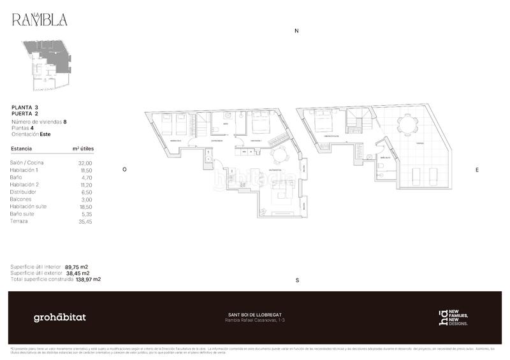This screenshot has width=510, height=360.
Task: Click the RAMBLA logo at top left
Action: tap(39, 19)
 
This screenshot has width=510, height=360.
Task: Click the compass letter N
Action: tap(296, 31)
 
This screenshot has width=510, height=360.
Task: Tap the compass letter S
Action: tap(297, 280)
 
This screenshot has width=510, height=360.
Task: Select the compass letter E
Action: tap(477, 170)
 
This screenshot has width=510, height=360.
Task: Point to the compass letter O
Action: tap(125, 169)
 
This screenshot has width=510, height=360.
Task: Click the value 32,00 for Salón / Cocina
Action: tap(85, 163)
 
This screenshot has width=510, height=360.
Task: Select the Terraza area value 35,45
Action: tap(85, 221)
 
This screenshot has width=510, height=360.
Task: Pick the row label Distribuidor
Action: tap(27, 192)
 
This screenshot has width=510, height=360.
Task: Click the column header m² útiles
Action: tap(84, 148)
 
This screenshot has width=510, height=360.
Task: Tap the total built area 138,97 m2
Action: tap(88, 279)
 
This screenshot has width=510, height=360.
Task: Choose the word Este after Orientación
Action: tap(45, 134)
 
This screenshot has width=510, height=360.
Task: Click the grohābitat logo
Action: tap(59, 317)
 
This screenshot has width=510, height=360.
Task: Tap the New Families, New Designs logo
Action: tap(453, 317)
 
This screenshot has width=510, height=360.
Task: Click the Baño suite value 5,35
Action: tap(86, 214)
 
